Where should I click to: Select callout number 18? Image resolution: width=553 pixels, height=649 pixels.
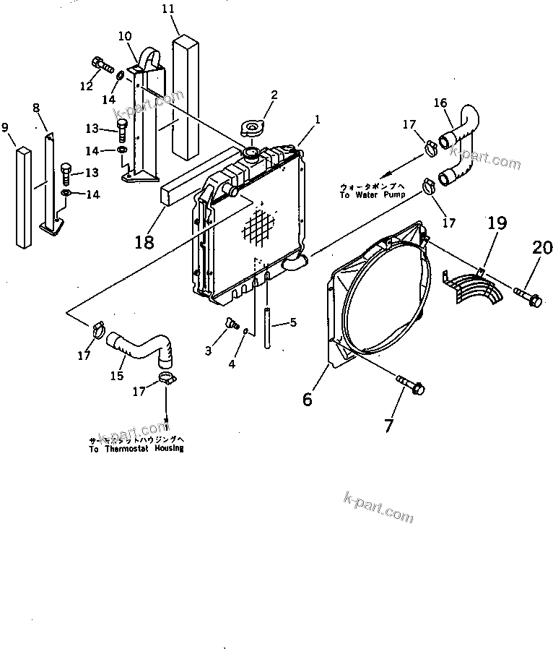tap(144, 241)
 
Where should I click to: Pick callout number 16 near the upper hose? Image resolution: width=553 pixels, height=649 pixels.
tap(440, 103)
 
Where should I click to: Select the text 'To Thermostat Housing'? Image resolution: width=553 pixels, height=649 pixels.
tap(136, 448)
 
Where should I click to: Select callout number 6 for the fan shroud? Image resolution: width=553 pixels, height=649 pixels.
tap(308, 398)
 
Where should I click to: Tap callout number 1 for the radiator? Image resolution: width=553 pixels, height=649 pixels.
tap(318, 119)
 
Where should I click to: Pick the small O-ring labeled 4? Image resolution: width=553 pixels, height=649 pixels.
tap(246, 331)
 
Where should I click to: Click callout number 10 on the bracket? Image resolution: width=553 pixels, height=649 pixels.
tap(124, 35)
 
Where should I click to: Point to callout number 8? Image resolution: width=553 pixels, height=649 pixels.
tap(36, 108)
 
